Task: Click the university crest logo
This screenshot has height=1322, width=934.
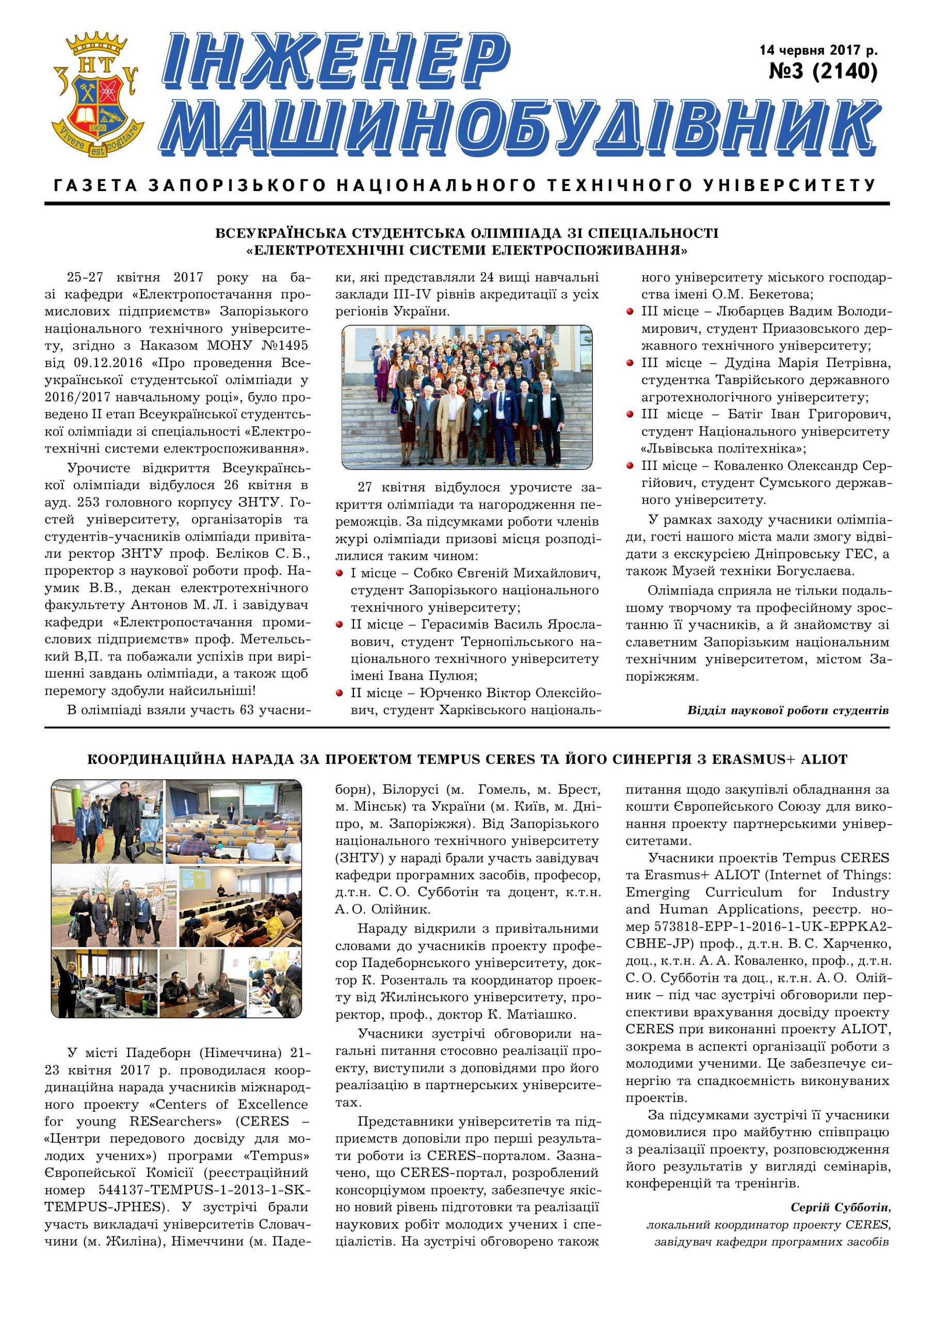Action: point(96,95)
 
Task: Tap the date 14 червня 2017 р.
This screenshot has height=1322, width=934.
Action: point(818,50)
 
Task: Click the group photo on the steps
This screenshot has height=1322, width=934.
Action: point(466,397)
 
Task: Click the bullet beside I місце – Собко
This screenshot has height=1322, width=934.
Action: point(340,574)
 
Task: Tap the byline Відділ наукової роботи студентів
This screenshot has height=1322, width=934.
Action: point(788,710)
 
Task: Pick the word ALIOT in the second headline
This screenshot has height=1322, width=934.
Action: point(824,760)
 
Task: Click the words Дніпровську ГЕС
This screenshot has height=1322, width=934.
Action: point(818,554)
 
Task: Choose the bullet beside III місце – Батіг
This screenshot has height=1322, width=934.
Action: point(631,415)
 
